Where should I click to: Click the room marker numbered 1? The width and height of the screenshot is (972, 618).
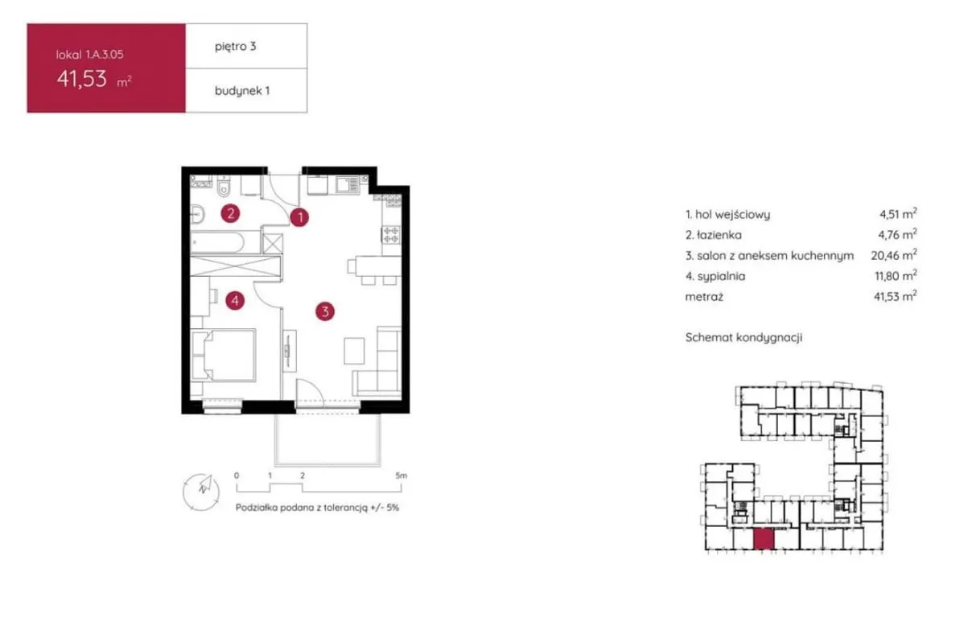point(299,217)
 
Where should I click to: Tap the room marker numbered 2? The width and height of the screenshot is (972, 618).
point(230,213)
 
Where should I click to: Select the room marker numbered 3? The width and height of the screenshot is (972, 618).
point(325,311)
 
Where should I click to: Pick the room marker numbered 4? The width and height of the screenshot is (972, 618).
point(235,300)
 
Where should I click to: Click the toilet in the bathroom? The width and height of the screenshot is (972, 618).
point(224,186)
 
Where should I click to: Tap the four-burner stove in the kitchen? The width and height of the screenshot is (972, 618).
point(391,235)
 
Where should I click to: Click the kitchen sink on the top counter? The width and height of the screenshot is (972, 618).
point(347,185)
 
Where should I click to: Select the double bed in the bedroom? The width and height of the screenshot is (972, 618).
point(224,355)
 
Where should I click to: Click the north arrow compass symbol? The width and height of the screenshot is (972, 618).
point(201,492)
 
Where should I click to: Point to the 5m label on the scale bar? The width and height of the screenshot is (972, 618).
point(402,476)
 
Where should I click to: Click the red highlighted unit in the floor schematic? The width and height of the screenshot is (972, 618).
point(764,539)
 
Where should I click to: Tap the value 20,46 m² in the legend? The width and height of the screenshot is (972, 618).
point(894,255)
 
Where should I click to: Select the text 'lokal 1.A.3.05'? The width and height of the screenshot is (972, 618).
point(90,54)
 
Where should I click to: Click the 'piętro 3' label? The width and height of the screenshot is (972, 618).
point(236,47)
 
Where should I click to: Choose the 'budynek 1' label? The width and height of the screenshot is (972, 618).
point(242,91)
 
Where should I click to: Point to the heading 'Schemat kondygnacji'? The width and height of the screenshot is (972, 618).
point(743,337)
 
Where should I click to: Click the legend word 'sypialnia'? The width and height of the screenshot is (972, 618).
point(721,277)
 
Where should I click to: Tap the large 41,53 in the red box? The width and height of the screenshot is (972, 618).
point(81,79)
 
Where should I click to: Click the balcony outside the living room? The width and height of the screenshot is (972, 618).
point(327,439)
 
